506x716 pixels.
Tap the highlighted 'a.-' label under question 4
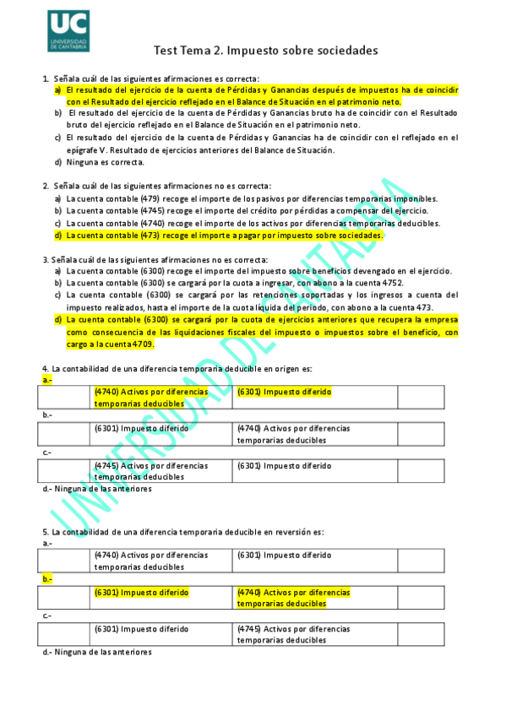pyautogui.click(x=47, y=381)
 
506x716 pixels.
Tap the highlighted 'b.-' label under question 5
pyautogui.click(x=47, y=578)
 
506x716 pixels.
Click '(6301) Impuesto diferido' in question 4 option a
pyautogui.click(x=284, y=392)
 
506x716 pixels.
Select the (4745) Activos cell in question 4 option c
pyautogui.click(x=150, y=470)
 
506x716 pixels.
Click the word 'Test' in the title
pyautogui.click(x=165, y=52)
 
